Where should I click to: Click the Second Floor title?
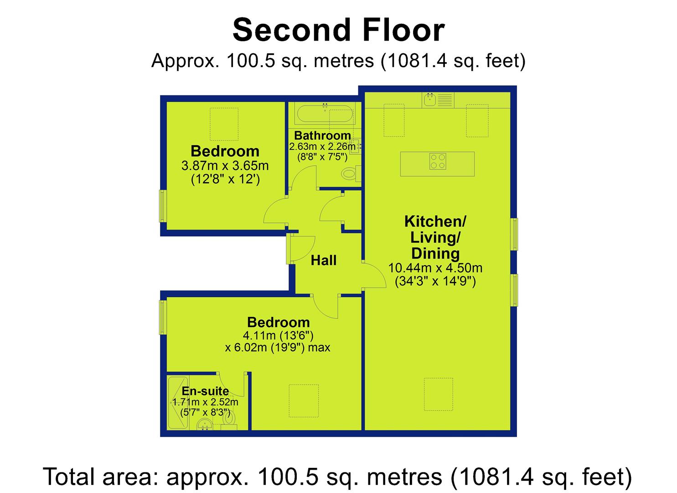[338, 30]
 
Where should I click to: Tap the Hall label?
[323, 260]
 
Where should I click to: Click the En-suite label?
[205, 391]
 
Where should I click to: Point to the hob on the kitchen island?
[438, 161]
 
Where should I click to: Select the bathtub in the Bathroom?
[325, 115]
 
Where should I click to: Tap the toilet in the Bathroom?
[351, 174]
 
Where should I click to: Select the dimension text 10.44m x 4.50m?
[435, 268]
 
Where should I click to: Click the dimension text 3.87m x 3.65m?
[225, 166]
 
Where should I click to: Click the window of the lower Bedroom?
[163, 317]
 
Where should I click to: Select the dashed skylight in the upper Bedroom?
[224, 124]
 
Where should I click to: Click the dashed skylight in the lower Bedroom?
[304, 401]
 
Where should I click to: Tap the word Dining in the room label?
[435, 253]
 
